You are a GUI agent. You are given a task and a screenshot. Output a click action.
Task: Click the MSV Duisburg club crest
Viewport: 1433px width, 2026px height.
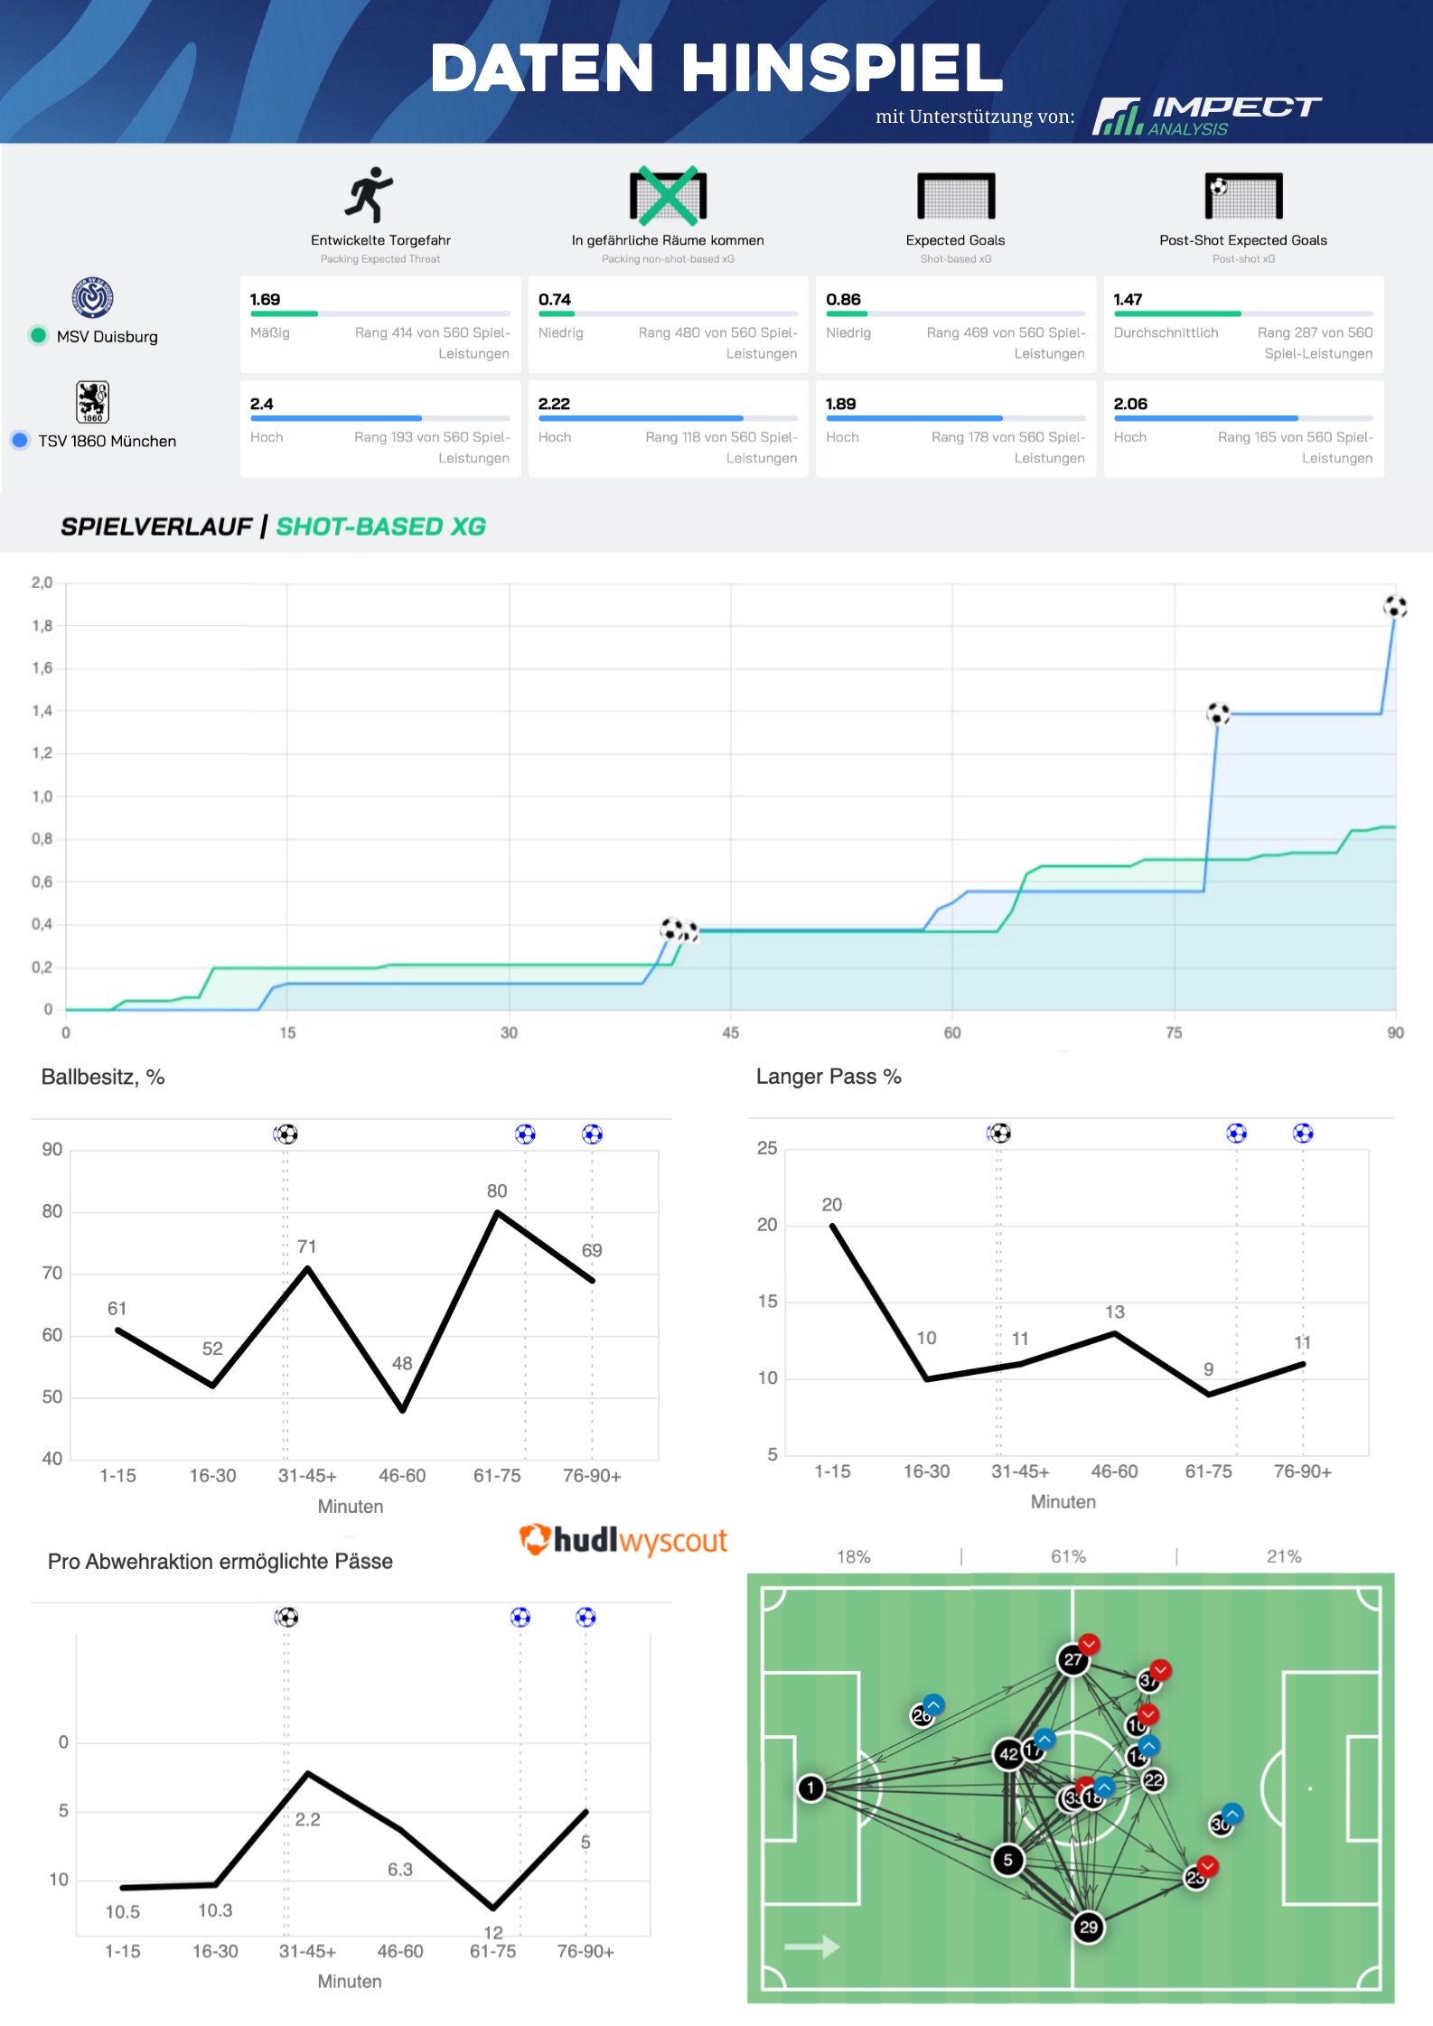coord(92,298)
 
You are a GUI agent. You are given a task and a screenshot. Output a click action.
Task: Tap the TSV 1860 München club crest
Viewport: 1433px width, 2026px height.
coord(92,402)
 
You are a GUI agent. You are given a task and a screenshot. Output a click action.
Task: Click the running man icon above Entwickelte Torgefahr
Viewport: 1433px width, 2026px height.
coord(369,194)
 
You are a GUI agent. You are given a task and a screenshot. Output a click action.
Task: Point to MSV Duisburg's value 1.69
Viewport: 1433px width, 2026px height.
coord(265,299)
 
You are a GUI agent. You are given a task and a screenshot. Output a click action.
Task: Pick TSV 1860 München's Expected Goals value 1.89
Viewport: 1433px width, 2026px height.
coord(840,404)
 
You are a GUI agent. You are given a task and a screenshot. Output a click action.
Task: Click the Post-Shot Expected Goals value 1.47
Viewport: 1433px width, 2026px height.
coord(1128,299)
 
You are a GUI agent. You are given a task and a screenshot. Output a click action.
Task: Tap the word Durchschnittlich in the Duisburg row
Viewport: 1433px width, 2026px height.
coord(1166,332)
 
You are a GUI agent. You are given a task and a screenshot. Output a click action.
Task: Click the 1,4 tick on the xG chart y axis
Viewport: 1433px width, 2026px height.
coord(42,711)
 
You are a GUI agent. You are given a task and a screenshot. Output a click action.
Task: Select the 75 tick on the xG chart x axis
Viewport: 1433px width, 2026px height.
coord(1173,1032)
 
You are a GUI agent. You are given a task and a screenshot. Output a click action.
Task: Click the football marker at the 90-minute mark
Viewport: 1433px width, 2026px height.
coord(1395,606)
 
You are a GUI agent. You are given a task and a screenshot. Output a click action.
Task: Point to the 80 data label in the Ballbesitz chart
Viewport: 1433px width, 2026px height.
coord(497,1190)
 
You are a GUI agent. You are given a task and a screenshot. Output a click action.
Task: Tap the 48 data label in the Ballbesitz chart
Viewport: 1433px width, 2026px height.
coord(402,1362)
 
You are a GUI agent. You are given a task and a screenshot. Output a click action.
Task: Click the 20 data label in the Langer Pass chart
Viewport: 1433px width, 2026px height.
coord(831,1204)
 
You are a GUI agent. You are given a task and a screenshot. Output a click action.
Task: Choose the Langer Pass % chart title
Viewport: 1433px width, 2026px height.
coord(829,1076)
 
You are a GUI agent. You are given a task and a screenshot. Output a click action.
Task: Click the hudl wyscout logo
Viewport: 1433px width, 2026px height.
coord(623,1540)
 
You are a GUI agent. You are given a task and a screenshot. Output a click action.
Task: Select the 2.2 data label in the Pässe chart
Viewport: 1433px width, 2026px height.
coord(307,1819)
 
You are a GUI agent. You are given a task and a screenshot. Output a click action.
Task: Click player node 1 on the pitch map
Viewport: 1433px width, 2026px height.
coord(810,1788)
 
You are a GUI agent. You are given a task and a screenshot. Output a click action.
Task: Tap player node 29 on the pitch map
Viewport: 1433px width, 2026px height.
coord(1088,1927)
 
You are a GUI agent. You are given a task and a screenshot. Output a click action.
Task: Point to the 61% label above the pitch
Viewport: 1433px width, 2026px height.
coord(1068,1556)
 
